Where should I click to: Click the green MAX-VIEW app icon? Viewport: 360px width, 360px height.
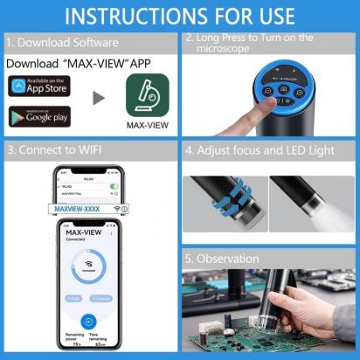point(147,95)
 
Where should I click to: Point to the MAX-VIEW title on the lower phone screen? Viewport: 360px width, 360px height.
point(89,230)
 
